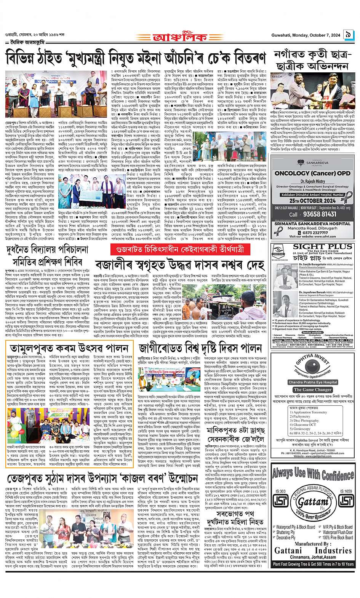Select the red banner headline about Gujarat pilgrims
tap(181, 250)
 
